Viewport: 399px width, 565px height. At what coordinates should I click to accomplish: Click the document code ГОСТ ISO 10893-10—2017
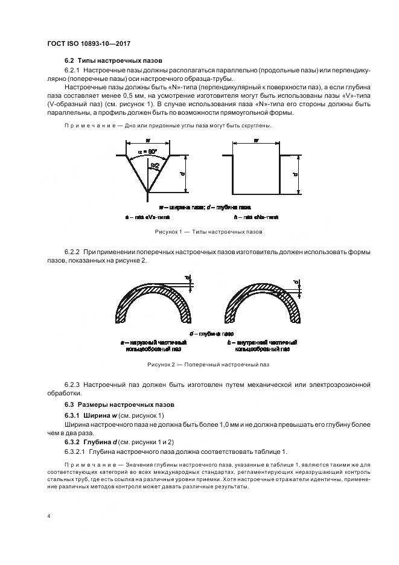click(89, 43)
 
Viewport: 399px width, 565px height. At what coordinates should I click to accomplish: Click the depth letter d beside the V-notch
click(184, 174)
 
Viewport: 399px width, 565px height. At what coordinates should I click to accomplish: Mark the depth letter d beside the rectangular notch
click(295, 174)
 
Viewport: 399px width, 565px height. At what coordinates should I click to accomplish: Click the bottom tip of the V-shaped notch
click(148, 194)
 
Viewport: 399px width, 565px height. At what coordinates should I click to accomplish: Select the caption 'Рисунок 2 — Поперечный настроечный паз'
click(199, 365)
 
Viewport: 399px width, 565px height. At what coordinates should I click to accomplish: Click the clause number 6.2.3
click(72, 385)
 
